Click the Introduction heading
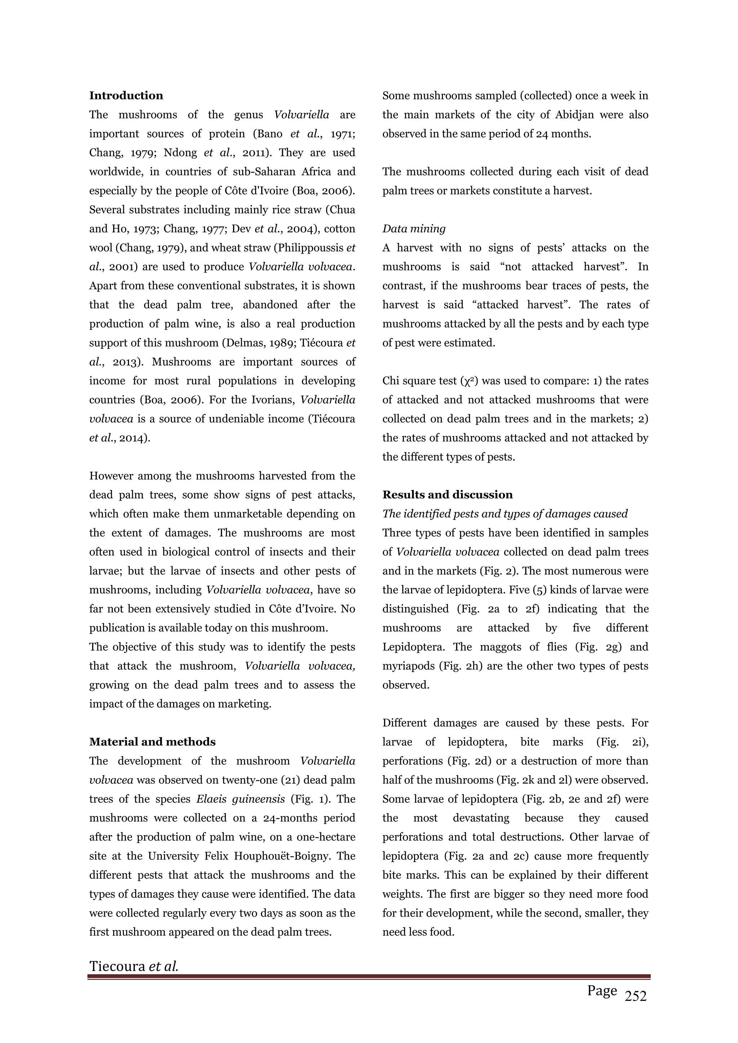tap(126, 95)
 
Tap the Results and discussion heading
tap(447, 495)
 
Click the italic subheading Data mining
tap(414, 228)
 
